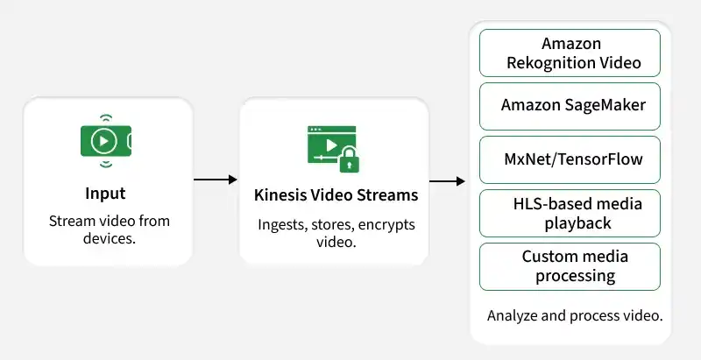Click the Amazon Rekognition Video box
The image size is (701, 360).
click(x=570, y=53)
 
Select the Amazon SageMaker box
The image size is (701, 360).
click(x=570, y=106)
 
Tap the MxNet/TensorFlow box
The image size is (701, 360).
click(x=570, y=159)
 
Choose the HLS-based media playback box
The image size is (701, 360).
click(x=570, y=213)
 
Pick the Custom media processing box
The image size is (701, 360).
click(x=570, y=266)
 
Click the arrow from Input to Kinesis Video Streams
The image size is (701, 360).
click(x=215, y=180)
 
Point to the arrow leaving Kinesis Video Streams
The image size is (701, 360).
click(x=447, y=181)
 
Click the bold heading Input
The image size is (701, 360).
click(x=105, y=194)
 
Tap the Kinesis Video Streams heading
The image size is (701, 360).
click(x=336, y=195)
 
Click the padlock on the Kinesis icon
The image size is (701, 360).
click(x=350, y=159)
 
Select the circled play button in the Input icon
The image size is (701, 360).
click(x=103, y=141)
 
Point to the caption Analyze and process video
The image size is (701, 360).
click(x=575, y=315)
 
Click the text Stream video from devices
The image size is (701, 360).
click(x=109, y=229)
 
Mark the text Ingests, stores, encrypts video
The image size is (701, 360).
click(x=336, y=233)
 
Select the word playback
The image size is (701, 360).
click(x=577, y=222)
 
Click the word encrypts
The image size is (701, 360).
click(x=386, y=225)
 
